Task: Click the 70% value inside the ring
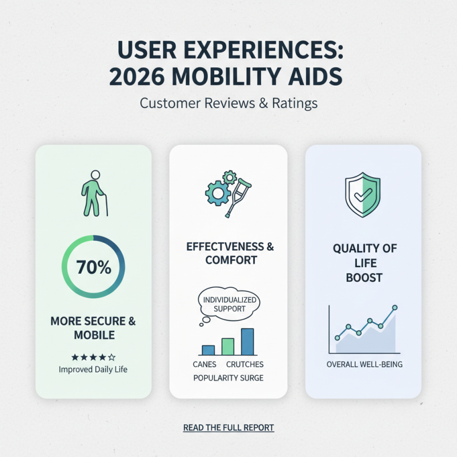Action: pyautogui.click(x=93, y=267)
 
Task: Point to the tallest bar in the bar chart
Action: pyautogui.click(x=247, y=342)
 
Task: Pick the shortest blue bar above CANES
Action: pyautogui.click(x=209, y=350)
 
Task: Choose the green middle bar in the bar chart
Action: pyautogui.click(x=228, y=346)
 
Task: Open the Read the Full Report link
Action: pyautogui.click(x=228, y=427)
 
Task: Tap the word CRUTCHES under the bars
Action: pyautogui.click(x=245, y=364)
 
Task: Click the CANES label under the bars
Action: pyautogui.click(x=205, y=364)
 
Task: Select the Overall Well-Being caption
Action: pyautogui.click(x=364, y=364)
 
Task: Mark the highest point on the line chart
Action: pyautogui.click(x=395, y=308)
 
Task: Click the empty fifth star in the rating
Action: pyautogui.click(x=112, y=357)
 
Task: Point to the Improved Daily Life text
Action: pyautogui.click(x=93, y=370)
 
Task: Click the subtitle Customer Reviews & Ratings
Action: pyautogui.click(x=228, y=104)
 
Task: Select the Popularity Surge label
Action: pyautogui.click(x=228, y=378)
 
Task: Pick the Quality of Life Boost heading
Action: pyautogui.click(x=363, y=263)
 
